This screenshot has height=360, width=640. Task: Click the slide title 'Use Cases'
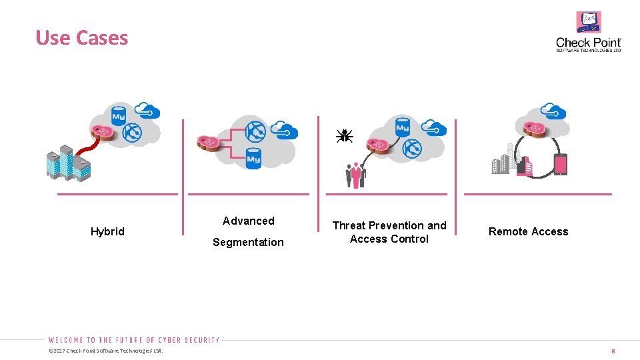pyautogui.click(x=81, y=38)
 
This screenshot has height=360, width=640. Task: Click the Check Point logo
pyautogui.click(x=588, y=32)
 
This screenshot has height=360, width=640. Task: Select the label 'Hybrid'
pyautogui.click(x=107, y=231)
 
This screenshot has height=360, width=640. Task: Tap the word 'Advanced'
pyautogui.click(x=248, y=221)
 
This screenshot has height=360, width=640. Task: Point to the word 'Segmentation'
pyautogui.click(x=248, y=242)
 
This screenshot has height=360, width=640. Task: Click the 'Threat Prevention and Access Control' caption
pyautogui.click(x=389, y=232)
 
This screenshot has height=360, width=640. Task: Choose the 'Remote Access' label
pyautogui.click(x=528, y=231)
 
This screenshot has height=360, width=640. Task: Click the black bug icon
pyautogui.click(x=345, y=135)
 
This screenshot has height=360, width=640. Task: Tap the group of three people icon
pyautogui.click(x=356, y=175)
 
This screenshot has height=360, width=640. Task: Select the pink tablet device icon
pyautogui.click(x=560, y=165)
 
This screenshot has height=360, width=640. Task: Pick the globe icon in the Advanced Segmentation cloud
pyautogui.click(x=255, y=133)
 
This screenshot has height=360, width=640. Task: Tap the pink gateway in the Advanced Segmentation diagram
pyautogui.click(x=208, y=141)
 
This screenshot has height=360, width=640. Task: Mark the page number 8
pyautogui.click(x=613, y=351)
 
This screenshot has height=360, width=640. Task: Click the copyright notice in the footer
pyautogui.click(x=105, y=351)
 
